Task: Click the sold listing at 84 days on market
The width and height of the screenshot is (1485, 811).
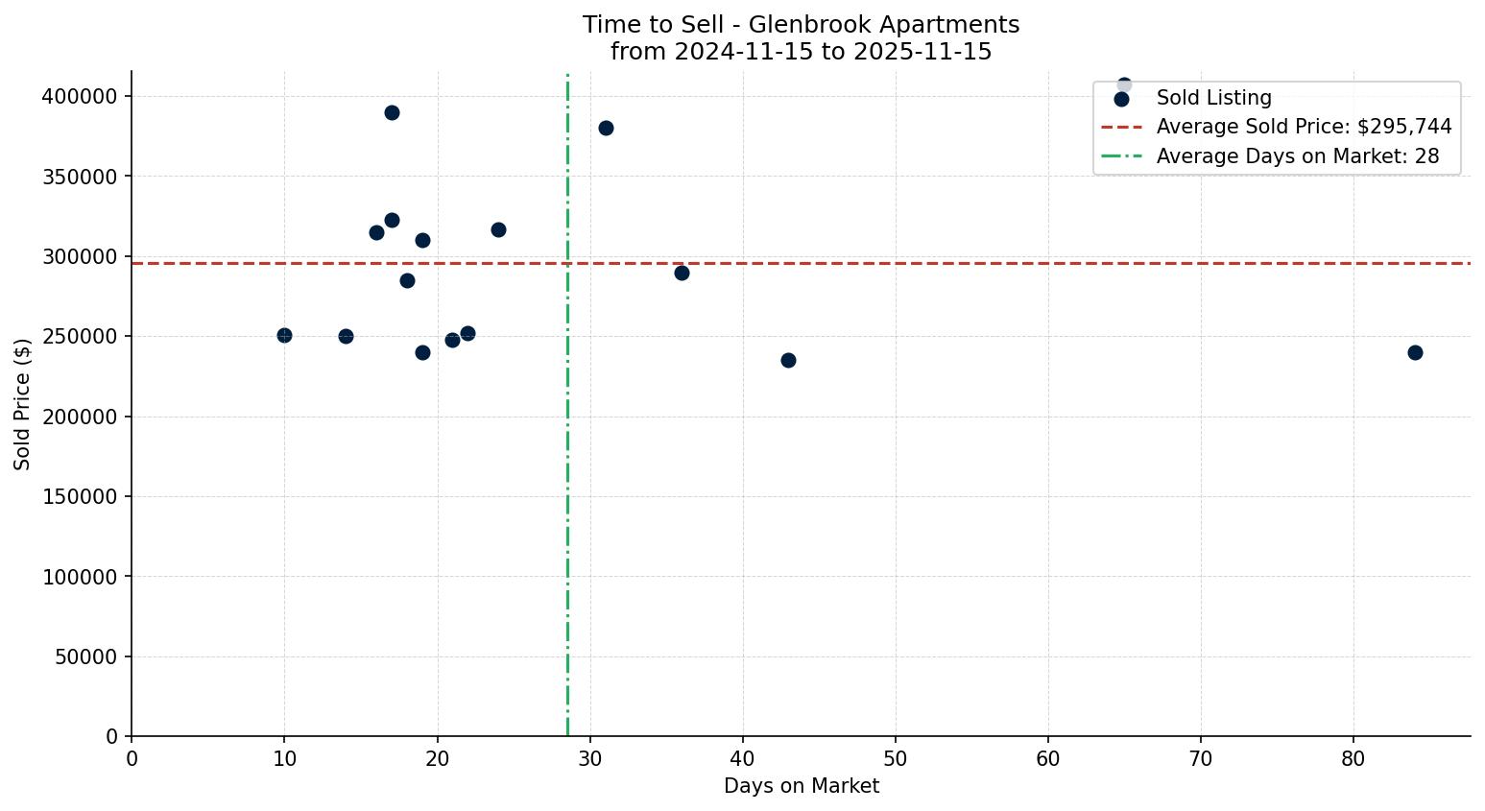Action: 1414,352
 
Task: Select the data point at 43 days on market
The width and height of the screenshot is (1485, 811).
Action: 788,360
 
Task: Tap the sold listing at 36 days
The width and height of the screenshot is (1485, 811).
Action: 682,273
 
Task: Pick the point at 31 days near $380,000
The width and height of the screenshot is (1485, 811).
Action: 606,128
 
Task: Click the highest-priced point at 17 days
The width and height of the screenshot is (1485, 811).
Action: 392,112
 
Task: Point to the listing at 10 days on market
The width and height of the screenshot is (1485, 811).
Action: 284,335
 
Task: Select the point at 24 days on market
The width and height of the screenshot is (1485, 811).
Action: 498,229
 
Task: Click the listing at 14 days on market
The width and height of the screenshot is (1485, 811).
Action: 346,336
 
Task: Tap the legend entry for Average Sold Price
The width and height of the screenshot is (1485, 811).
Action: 1304,127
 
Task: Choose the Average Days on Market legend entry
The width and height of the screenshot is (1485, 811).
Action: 1297,155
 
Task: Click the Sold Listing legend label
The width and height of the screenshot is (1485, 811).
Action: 1213,98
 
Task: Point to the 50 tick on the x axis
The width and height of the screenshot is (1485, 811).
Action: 896,759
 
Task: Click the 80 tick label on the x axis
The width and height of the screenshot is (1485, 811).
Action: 1353,759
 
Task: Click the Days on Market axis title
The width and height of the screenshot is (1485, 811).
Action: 801,786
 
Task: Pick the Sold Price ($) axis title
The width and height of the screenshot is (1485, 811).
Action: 23,403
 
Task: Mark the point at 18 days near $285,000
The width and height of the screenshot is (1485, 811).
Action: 407,280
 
